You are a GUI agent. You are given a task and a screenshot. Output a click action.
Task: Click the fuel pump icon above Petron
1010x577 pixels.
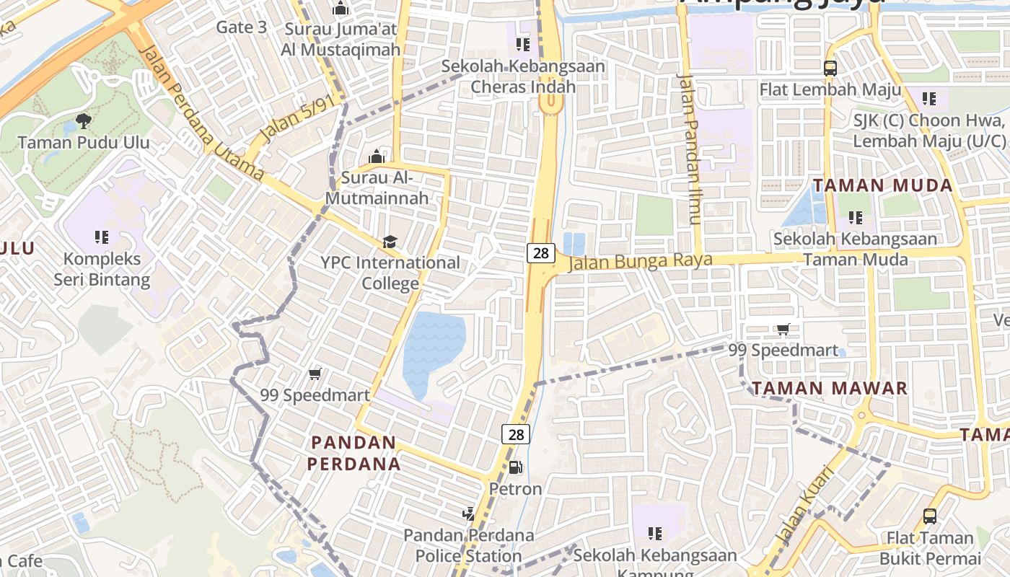[x=515, y=467]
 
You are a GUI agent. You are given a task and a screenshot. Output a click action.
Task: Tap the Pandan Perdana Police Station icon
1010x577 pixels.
[x=469, y=514]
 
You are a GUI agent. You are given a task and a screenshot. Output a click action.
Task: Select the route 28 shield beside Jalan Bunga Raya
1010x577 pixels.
[x=541, y=252]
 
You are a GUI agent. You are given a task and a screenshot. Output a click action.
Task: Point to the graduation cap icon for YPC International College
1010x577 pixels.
[x=390, y=242]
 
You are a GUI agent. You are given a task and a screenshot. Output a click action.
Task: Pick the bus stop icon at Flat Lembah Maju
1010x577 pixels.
[x=830, y=69]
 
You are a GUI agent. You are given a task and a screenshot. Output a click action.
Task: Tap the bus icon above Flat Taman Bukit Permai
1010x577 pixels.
[x=930, y=516]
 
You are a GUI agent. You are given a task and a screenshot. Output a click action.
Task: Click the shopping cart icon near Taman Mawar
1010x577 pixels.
[x=783, y=330]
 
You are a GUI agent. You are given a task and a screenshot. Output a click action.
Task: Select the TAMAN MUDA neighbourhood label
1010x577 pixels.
[x=883, y=185]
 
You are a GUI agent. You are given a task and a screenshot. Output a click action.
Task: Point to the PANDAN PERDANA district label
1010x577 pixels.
[x=353, y=453]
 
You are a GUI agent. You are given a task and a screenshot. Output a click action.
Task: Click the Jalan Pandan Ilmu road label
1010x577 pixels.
[x=690, y=148]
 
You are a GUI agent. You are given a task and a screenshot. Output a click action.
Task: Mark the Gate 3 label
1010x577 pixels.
[x=242, y=27]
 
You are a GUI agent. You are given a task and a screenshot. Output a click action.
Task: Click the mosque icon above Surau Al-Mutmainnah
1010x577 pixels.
[x=376, y=157]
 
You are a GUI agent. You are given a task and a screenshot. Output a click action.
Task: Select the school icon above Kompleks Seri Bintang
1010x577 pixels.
[x=102, y=237]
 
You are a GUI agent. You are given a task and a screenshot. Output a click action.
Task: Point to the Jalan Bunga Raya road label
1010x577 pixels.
[x=641, y=261]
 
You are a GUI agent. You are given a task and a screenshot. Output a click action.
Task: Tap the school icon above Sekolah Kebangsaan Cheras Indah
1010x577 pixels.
[x=523, y=45]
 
